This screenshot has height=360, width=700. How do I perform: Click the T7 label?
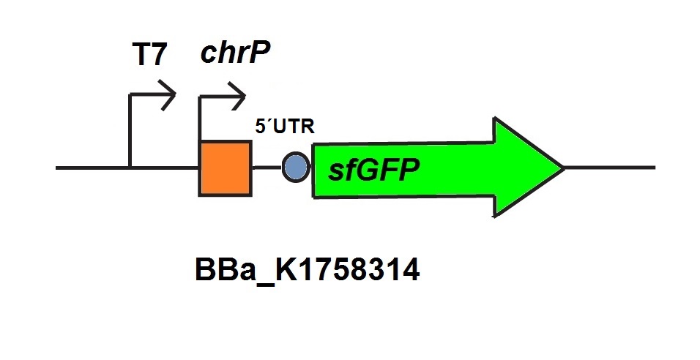pos(149,56)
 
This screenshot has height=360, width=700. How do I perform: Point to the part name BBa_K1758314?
pos(308,271)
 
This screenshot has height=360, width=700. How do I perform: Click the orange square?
pos(225,169)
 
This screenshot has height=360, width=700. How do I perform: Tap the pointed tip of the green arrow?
pos(562,168)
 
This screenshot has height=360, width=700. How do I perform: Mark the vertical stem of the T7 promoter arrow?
pos(130,132)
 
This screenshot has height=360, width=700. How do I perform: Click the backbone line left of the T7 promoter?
pos(92,168)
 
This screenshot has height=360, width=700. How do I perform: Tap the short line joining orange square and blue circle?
pos(267,168)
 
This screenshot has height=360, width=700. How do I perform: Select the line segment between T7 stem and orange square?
pos(164,168)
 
